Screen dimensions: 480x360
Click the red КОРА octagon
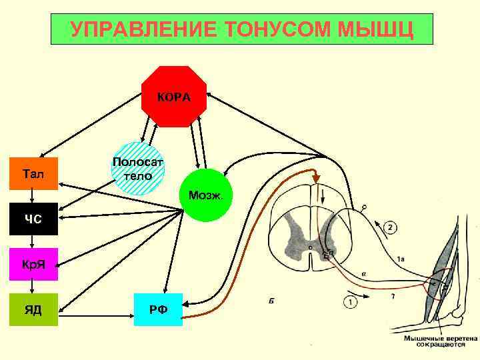click(174, 97)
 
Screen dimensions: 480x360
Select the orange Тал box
click(34, 174)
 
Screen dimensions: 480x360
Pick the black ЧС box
click(34, 219)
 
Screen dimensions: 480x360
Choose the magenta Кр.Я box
click(34, 265)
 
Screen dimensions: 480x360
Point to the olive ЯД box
click(34, 309)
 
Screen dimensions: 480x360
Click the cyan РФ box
click(158, 309)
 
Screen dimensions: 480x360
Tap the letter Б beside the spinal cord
click(273, 301)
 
